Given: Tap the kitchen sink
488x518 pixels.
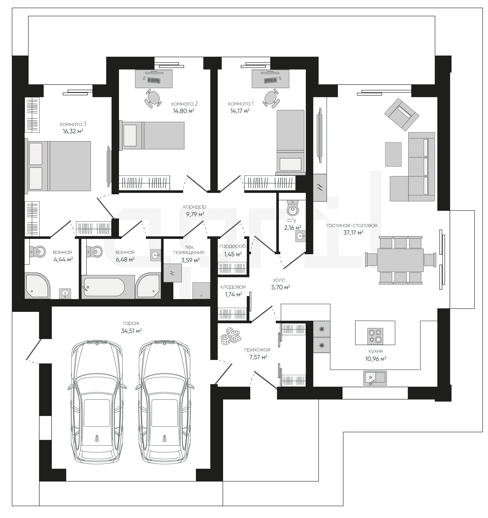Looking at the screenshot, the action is click(x=375, y=378).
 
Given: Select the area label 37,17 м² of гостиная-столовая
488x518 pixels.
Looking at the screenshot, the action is click(x=353, y=232).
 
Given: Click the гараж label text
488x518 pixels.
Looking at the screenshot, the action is click(x=131, y=323).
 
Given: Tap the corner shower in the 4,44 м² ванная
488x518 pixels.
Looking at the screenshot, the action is click(x=37, y=286).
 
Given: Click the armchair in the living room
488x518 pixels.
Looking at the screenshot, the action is click(x=402, y=114).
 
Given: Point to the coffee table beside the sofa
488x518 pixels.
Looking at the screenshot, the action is click(x=393, y=154).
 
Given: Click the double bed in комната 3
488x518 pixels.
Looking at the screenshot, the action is click(x=58, y=166).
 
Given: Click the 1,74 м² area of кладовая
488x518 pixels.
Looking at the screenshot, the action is click(x=234, y=294).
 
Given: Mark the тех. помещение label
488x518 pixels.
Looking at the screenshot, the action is click(x=189, y=250).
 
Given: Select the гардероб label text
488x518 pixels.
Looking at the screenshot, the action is click(x=232, y=247).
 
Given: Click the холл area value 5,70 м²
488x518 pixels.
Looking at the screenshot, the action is click(x=281, y=287).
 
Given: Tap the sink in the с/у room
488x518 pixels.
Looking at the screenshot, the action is click(x=300, y=237).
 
